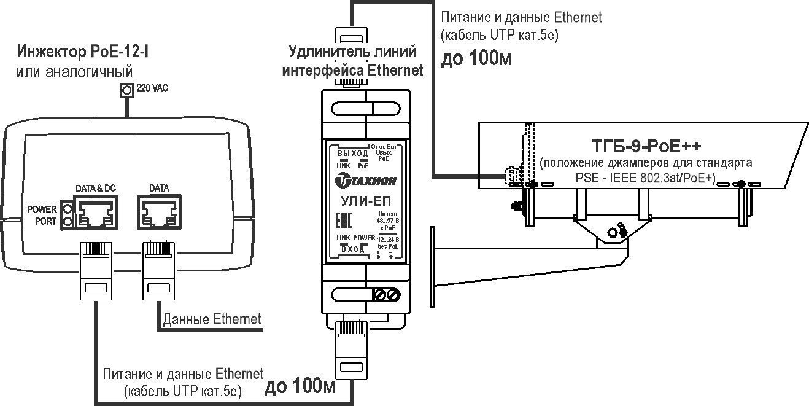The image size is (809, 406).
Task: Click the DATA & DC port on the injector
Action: [x=95, y=212]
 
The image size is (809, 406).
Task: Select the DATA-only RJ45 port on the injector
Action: [x=159, y=212]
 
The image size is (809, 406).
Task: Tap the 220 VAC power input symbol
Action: [x=127, y=90]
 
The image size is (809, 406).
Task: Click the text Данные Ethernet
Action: [x=212, y=319]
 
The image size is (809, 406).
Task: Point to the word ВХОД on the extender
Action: [x=352, y=248]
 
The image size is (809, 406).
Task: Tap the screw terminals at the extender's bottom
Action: [x=387, y=295]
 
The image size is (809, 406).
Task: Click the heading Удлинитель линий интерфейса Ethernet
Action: [x=352, y=60]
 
